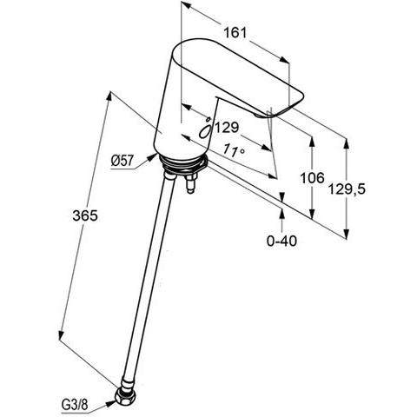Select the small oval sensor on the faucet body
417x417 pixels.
click(205, 129)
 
